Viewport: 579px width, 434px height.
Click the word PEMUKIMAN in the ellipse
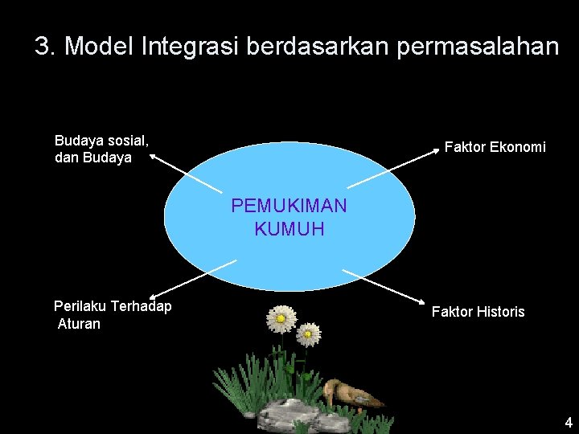coord(289,206)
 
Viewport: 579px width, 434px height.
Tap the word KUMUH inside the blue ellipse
coord(289,229)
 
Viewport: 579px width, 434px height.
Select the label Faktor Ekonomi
coord(495,147)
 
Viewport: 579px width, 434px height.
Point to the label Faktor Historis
coord(478,311)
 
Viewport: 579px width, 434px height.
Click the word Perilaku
coord(80,306)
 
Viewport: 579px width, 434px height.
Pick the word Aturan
coord(80,324)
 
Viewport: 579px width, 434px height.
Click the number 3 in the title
coord(43,46)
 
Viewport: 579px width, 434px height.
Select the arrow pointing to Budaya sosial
coord(183,172)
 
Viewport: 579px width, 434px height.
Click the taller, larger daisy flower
coord(281,319)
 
